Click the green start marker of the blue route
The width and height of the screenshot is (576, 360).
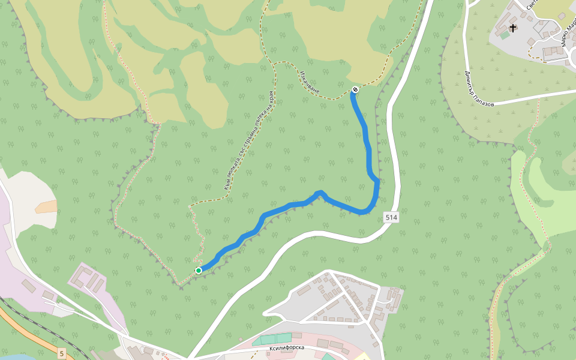[199, 271]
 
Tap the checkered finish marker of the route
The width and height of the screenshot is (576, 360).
[355, 90]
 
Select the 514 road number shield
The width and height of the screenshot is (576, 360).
[391, 217]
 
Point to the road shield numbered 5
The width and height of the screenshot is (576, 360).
[62, 354]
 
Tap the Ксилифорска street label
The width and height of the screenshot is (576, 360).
[287, 348]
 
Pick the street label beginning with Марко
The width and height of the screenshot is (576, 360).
[567, 36]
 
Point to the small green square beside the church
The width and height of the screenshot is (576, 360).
[505, 35]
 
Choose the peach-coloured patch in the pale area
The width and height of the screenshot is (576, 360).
[46, 207]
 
